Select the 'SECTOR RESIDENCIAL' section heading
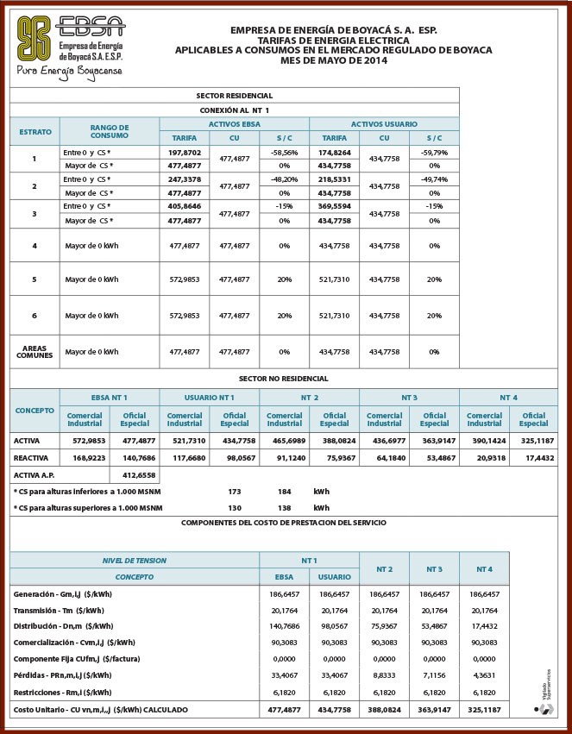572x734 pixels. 235,96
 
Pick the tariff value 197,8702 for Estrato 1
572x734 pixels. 185,151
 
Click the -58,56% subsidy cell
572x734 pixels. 284,151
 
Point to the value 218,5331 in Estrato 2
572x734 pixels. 334,179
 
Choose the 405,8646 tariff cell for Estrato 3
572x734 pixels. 185,207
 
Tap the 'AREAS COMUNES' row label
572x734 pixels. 35,352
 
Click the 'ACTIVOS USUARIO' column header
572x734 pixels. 384,124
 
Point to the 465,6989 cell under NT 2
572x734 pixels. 285,440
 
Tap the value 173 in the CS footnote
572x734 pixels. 235,491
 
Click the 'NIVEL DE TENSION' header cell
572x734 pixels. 134,560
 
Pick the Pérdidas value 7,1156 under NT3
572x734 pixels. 435,674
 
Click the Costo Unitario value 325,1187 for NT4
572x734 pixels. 485,709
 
